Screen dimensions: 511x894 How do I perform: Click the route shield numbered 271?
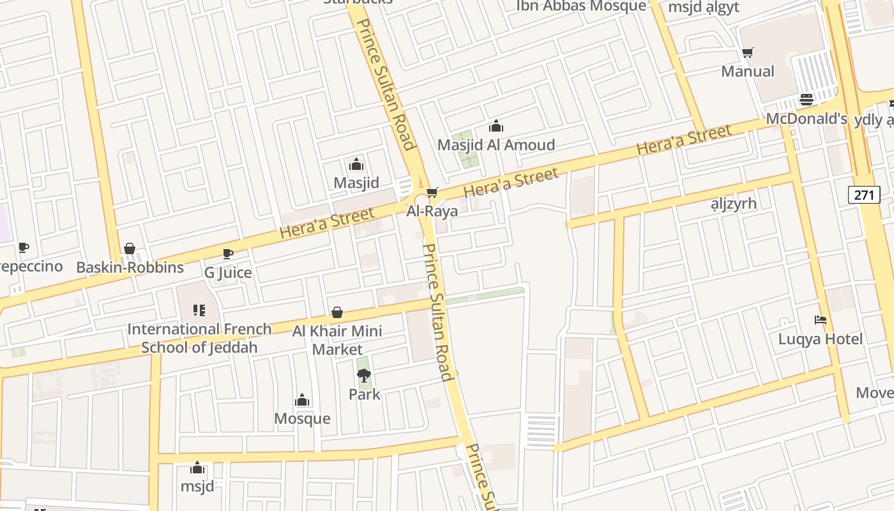tap(863, 194)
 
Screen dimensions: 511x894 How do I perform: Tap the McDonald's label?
tap(806, 119)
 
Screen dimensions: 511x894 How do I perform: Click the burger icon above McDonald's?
tap(807, 100)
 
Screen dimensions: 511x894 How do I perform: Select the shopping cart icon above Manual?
tap(748, 52)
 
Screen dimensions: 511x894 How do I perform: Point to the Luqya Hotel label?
tap(820, 339)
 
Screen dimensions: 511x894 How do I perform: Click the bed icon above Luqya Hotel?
tap(821, 319)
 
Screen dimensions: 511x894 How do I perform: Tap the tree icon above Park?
tap(364, 375)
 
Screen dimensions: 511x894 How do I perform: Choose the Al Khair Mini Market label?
tap(337, 340)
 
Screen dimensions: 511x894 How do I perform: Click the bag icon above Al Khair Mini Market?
tap(337, 312)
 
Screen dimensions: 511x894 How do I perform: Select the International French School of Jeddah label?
tap(199, 338)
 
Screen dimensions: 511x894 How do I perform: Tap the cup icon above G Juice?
tap(228, 254)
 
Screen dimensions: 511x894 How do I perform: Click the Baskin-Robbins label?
tap(130, 267)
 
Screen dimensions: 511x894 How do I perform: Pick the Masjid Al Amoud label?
tap(496, 145)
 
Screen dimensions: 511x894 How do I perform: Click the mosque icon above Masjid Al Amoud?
tap(496, 126)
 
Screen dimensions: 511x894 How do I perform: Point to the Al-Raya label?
tap(432, 211)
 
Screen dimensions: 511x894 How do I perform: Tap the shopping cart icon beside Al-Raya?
tap(432, 192)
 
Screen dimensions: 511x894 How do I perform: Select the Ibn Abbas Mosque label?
tap(581, 6)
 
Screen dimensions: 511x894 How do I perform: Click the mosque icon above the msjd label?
tap(197, 468)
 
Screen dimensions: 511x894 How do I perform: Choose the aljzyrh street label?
tap(734, 204)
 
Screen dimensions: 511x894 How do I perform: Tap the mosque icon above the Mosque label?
tap(302, 400)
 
